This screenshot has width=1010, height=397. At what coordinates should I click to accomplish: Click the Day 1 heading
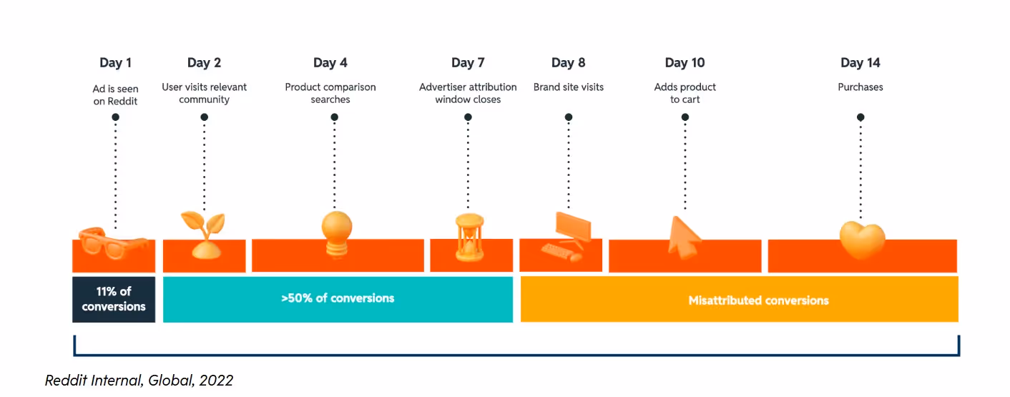tap(115, 63)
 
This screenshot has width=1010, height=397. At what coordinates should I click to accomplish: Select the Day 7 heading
tap(468, 63)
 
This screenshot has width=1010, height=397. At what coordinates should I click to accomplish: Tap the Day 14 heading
tap(860, 63)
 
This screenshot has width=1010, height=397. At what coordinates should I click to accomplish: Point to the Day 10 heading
tap(685, 63)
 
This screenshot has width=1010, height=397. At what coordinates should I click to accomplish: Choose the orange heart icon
tap(861, 240)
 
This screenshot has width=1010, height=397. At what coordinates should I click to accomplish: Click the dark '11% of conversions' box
tap(114, 299)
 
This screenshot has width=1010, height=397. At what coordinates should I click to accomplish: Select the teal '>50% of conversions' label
tap(338, 298)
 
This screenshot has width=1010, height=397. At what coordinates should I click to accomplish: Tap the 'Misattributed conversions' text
tap(758, 300)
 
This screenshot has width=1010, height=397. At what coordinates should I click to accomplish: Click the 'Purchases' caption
tap(861, 87)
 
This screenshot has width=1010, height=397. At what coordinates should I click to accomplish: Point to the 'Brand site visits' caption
tap(569, 87)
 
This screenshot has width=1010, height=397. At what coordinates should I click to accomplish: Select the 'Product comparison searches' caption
tap(330, 93)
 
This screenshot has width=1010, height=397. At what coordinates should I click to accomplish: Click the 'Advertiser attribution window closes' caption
tap(468, 93)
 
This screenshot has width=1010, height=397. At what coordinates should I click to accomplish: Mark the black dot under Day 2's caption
tap(204, 117)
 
